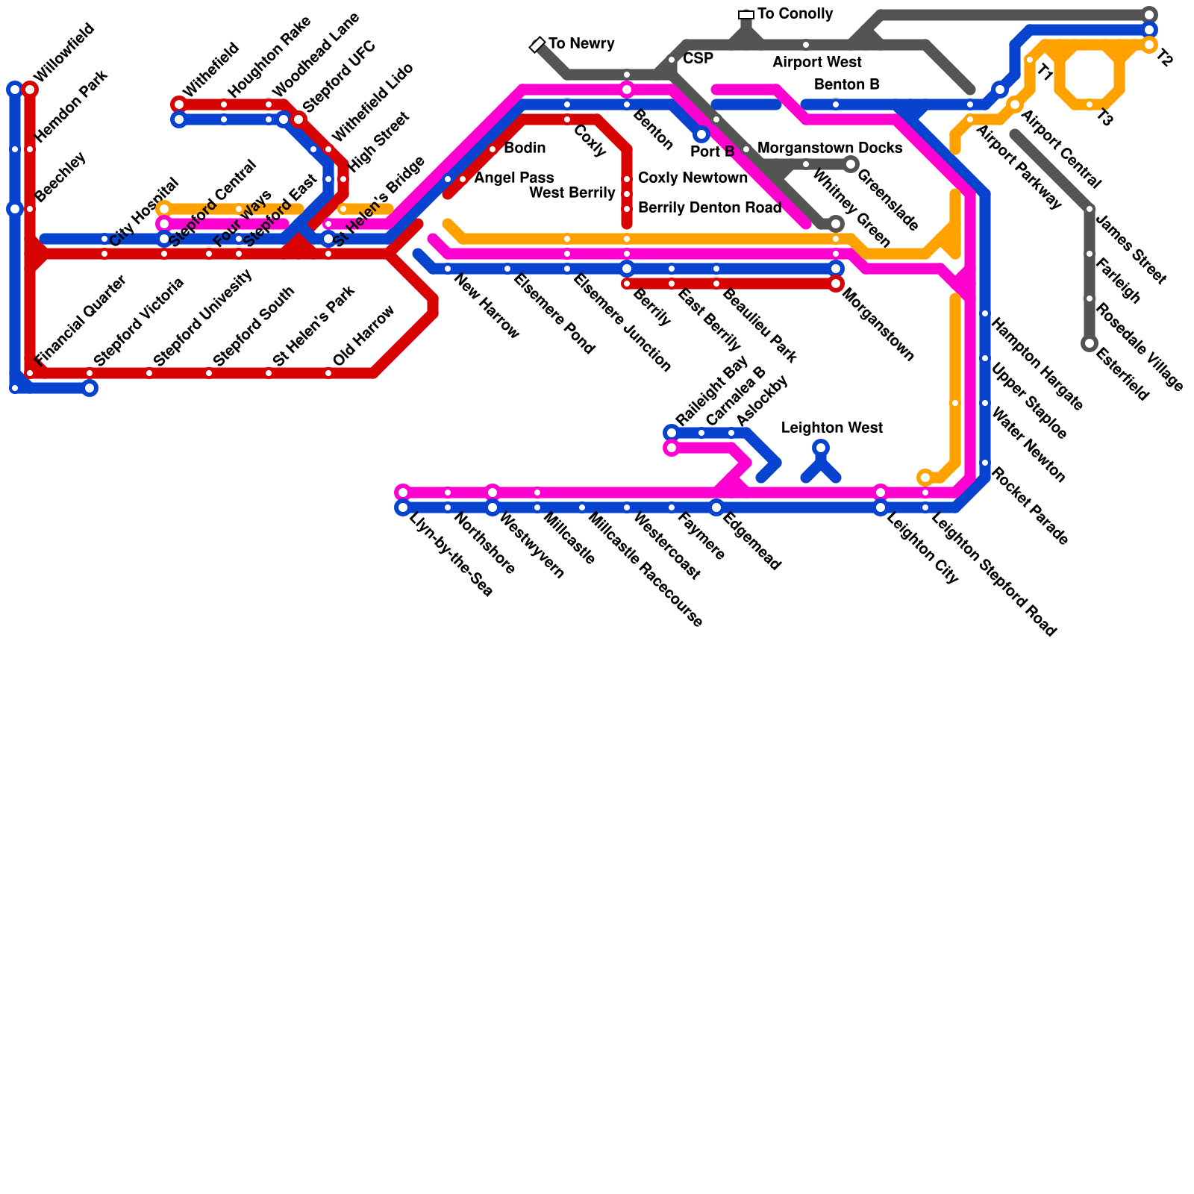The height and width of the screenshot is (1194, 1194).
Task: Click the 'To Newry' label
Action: point(581,44)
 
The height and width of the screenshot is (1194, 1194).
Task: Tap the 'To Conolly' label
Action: point(795,14)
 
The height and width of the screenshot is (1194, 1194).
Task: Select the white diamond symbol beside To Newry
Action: point(537,45)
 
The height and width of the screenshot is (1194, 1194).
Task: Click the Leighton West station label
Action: point(831,428)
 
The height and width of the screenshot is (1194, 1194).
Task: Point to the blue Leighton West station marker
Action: point(821,448)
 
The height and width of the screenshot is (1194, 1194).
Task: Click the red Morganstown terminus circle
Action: point(836,284)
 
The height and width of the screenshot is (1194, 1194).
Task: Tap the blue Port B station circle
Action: point(701,134)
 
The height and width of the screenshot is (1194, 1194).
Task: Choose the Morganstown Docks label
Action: point(830,149)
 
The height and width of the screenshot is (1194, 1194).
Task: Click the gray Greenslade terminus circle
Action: point(851,164)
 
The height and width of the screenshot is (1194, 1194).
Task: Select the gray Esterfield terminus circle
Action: point(1090,343)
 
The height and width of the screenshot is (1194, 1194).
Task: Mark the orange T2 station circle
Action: point(1149,45)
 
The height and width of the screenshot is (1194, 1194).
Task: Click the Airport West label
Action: point(816,63)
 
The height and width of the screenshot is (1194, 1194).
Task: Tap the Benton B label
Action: point(846,85)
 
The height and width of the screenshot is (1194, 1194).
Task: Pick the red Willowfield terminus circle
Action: point(30,90)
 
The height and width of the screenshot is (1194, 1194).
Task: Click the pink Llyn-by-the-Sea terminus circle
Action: point(403,493)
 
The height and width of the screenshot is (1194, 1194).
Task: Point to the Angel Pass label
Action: point(513,178)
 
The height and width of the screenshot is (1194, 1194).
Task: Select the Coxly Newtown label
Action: point(693,178)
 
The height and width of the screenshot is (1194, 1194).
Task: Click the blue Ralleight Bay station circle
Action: point(672,433)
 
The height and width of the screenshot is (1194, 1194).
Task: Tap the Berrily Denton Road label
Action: point(709,208)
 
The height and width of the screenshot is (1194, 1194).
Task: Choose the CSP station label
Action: point(698,59)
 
